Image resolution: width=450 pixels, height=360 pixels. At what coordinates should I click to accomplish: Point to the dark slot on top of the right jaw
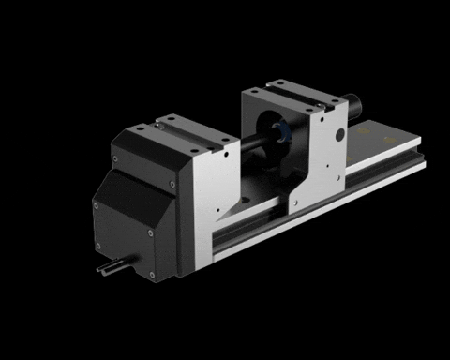point(298,96)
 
